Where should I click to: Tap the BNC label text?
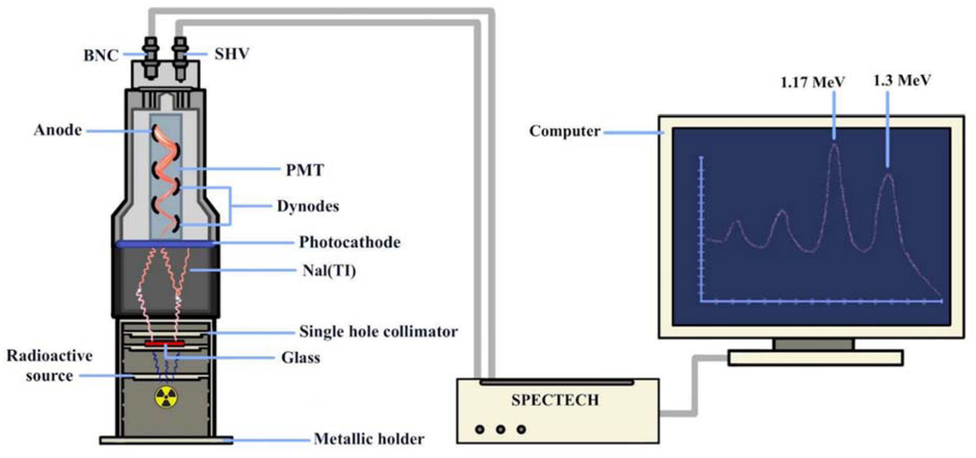101,56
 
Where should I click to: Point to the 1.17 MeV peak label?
813,82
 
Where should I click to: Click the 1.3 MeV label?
902,80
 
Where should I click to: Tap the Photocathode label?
350,242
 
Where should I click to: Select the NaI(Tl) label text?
329,271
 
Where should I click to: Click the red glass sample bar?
164,343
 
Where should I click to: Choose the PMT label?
305,170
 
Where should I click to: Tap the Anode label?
58,130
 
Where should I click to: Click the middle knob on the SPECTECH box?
501,430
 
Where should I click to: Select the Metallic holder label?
369,439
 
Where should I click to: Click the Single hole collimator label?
378,332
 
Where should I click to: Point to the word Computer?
565,131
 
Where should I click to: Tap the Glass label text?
300,357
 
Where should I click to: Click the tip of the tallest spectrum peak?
834,144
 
